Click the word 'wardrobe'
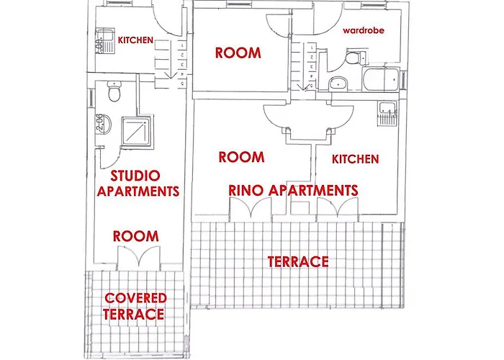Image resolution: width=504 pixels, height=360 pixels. point(364,30)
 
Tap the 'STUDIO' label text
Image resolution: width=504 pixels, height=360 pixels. point(135,176)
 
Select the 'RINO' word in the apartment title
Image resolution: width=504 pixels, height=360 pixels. point(246,190)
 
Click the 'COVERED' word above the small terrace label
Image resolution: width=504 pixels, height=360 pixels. point(135,298)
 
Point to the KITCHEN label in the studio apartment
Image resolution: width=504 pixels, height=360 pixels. point(135,40)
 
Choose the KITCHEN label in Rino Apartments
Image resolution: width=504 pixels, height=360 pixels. point(355,159)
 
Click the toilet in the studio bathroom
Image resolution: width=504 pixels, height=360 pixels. point(114,91)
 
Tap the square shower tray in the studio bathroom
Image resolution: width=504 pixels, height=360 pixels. point(137,131)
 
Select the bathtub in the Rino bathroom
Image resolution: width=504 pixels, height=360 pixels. point(381,79)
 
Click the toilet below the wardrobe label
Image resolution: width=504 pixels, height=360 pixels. point(355,57)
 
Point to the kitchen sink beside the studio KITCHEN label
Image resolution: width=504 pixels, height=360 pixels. point(105,41)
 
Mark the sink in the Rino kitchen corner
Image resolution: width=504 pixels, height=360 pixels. point(387,114)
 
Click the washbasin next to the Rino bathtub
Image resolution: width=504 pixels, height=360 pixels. point(338,84)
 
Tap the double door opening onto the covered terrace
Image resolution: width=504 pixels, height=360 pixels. point(138,258)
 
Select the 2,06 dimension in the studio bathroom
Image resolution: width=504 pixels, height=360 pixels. point(99,122)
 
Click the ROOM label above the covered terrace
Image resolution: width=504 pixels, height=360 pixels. point(136,236)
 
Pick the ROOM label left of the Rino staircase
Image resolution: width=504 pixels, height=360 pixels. point(238,53)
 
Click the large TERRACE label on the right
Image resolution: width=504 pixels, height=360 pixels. point(298,261)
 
